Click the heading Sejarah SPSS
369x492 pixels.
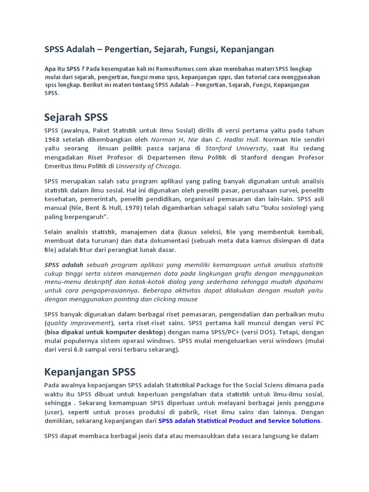pos(76,117)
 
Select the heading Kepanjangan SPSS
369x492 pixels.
pos(90,371)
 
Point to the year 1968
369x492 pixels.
pos(53,139)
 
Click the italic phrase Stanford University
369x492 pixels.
pos(235,148)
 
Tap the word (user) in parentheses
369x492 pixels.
pos(53,412)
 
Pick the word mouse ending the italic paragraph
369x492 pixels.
pos(187,299)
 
